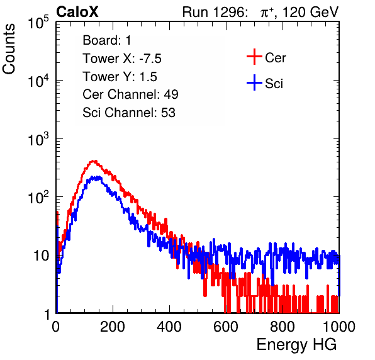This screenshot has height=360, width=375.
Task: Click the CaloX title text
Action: coord(77,12)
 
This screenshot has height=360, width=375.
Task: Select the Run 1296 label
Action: coord(214,12)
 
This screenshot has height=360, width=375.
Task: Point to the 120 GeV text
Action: coord(311,12)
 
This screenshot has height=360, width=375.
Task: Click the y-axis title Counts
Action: coord(9,49)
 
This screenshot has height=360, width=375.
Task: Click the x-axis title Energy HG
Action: coord(296,345)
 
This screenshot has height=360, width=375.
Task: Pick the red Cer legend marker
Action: coord(254,57)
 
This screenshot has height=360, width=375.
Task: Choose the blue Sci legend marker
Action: coord(254,82)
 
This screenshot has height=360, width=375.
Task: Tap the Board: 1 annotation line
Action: coord(107,40)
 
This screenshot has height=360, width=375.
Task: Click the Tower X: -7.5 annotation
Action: coord(122,59)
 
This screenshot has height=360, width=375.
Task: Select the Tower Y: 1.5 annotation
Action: coord(120,77)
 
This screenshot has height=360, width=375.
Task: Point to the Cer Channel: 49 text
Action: coord(130,94)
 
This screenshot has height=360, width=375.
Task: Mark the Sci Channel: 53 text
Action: coord(129,113)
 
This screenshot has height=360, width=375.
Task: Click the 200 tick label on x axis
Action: coord(113,327)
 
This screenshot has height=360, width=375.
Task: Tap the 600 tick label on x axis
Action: coord(226,327)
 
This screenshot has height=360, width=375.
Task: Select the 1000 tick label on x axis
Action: coord(339,327)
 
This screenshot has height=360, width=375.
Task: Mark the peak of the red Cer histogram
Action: coord(94,161)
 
